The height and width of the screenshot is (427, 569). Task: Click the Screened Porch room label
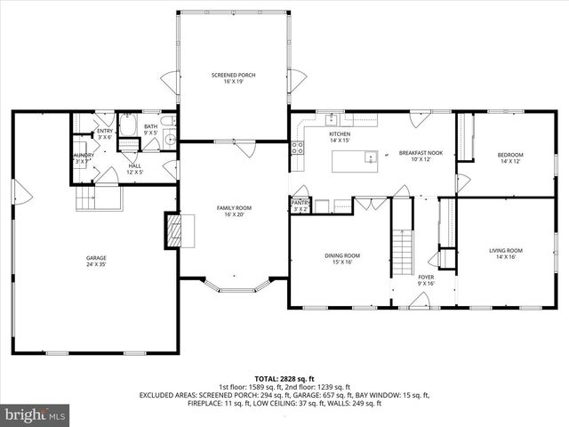tap(233, 78)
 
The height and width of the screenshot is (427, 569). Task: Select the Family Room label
tap(234, 211)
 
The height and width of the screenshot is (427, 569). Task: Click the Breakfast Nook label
tap(414, 155)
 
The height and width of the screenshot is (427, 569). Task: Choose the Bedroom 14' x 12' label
tap(510, 158)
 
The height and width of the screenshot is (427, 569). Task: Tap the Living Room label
tap(506, 254)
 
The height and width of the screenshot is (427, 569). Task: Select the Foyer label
tap(427, 280)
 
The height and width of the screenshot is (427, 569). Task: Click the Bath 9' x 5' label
tap(151, 130)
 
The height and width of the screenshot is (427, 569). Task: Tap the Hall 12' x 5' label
tap(134, 168)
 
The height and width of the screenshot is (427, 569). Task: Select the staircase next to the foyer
tap(404, 246)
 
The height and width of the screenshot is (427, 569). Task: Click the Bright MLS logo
tap(36, 415)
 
